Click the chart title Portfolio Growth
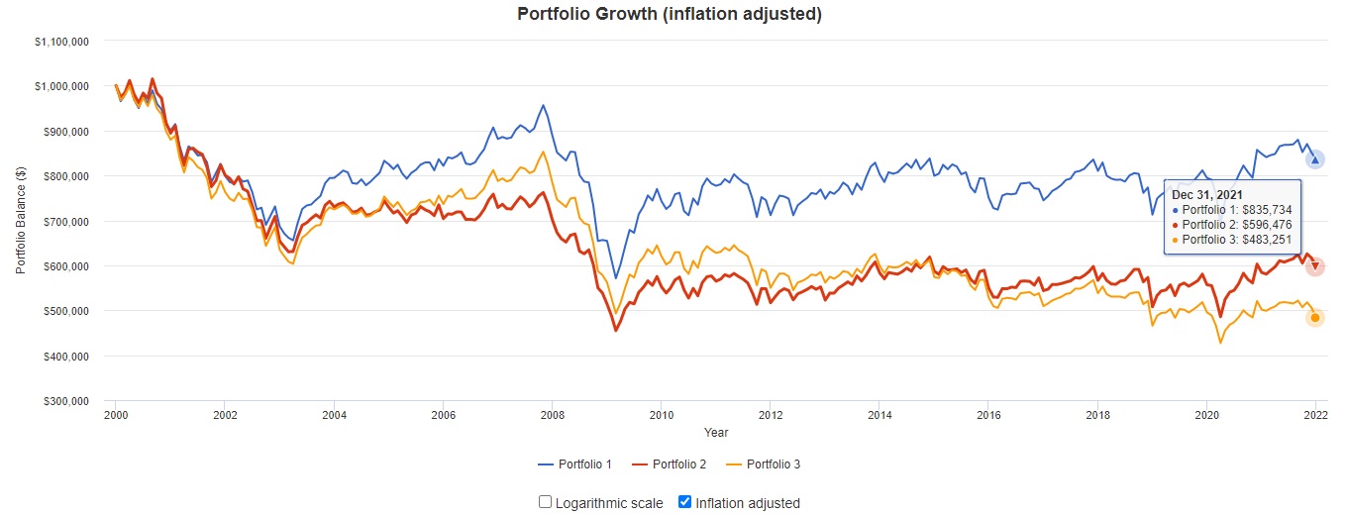[670, 14]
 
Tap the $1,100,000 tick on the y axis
[61, 42]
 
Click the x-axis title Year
[715, 433]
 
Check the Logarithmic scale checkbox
[545, 502]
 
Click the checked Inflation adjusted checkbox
[684, 502]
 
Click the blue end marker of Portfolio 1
[1314, 159]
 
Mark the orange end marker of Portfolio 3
[1314, 318]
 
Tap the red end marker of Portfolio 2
[1314, 266]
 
